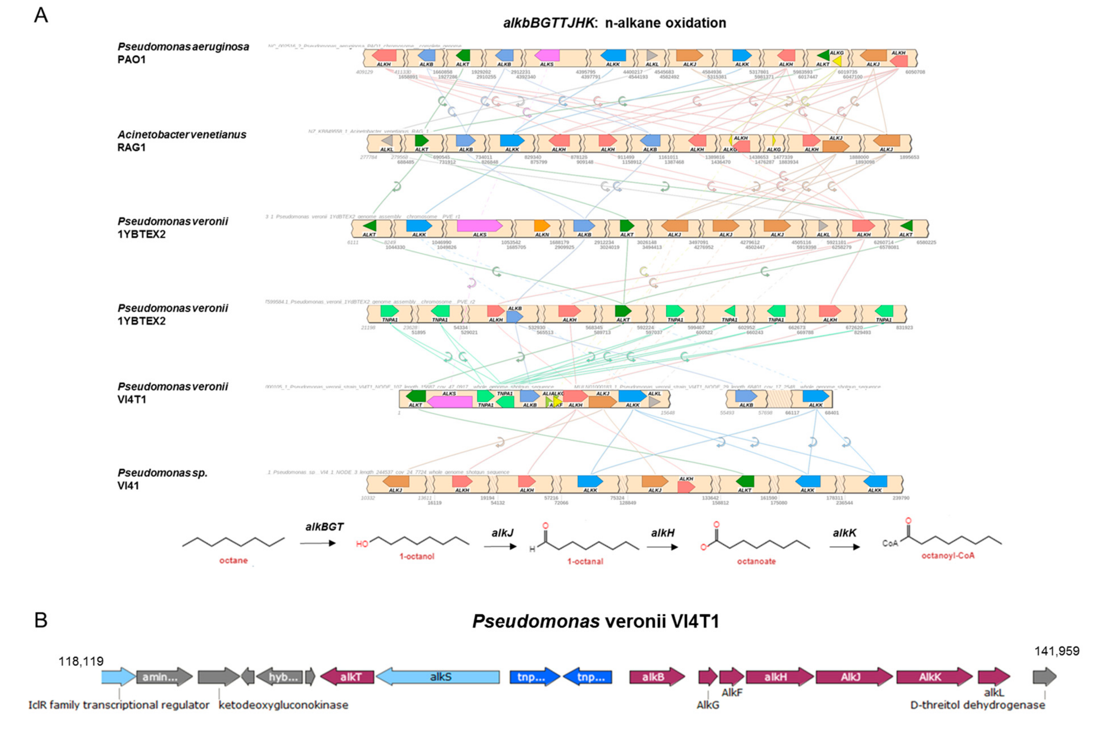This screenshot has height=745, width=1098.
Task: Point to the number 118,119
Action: point(81,661)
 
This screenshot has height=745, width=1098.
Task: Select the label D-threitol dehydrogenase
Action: point(977,705)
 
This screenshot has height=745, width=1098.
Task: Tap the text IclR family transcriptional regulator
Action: point(118,705)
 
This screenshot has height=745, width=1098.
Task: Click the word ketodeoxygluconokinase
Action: point(284,705)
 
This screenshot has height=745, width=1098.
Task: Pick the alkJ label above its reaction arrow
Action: point(502,533)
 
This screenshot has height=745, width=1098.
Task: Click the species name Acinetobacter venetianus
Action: point(182,135)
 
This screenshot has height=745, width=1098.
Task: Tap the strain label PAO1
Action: point(131,59)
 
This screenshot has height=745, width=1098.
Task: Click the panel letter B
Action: point(41,620)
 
